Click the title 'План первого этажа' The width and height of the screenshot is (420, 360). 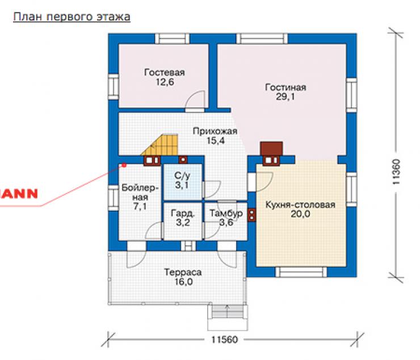pos(72,16)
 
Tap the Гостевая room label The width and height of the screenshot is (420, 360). pos(165,72)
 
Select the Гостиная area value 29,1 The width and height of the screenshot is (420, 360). pos(285,97)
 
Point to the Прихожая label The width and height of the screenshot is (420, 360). pos(215,131)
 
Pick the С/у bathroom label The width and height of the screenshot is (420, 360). pos(182,176)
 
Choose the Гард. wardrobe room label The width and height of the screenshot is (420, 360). pos(183,214)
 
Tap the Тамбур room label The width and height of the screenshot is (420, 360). pos(226,213)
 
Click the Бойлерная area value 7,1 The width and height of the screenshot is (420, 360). pos(140,207)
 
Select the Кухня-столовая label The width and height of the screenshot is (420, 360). pos(300,205)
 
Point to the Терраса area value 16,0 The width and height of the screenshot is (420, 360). pos(183,282)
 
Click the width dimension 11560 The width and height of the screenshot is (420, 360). pos(224,340)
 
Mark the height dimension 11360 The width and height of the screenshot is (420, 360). pos(396,172)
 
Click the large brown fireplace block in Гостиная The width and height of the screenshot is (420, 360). pos(272,149)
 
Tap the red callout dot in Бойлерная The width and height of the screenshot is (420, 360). pos(124,165)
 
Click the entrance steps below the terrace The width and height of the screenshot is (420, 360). pos(227,312)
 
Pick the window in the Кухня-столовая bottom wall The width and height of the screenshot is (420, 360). pos(301,272)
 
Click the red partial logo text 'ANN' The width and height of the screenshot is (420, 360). pos(19,194)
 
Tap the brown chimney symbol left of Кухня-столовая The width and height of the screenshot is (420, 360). pos(251,215)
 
